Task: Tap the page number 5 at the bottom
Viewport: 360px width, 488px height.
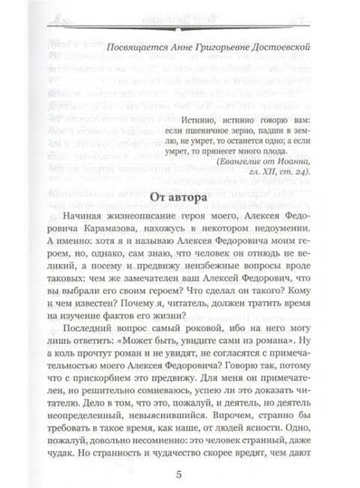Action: pyautogui.click(x=178, y=474)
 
